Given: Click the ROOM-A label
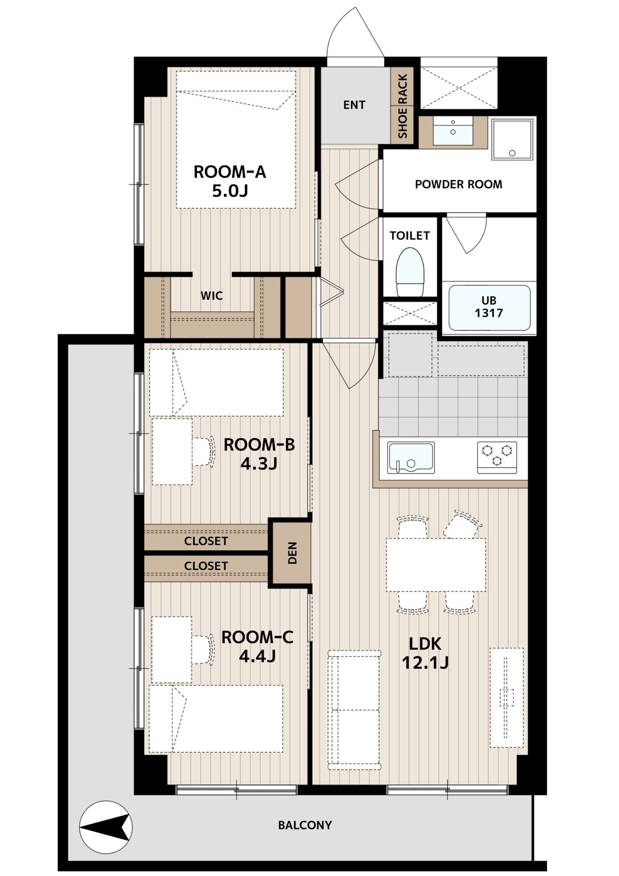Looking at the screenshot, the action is pyautogui.click(x=230, y=172).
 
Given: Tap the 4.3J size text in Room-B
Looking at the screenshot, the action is pyautogui.click(x=259, y=464).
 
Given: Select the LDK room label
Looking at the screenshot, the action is pyautogui.click(x=425, y=644).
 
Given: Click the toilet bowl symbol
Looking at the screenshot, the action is pyautogui.click(x=410, y=272).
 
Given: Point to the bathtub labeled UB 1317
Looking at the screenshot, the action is pyautogui.click(x=489, y=308).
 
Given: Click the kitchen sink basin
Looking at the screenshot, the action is pyautogui.click(x=411, y=458).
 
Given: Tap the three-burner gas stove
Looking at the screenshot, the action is pyautogui.click(x=497, y=457).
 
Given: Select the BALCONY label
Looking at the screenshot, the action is pyautogui.click(x=305, y=825).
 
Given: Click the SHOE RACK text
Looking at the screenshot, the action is pyautogui.click(x=402, y=106).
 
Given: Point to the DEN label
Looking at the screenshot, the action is pyautogui.click(x=292, y=553).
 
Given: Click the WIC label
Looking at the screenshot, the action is pyautogui.click(x=212, y=296).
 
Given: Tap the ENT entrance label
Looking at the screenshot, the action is pyautogui.click(x=354, y=105).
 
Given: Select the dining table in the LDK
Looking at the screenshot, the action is pyautogui.click(x=436, y=565).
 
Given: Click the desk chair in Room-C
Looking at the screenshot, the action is pyautogui.click(x=203, y=649).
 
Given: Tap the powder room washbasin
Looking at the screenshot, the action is pyautogui.click(x=453, y=131).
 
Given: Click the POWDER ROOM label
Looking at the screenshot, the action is pyautogui.click(x=458, y=184).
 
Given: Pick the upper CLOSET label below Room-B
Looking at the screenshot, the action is pyautogui.click(x=206, y=541).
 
